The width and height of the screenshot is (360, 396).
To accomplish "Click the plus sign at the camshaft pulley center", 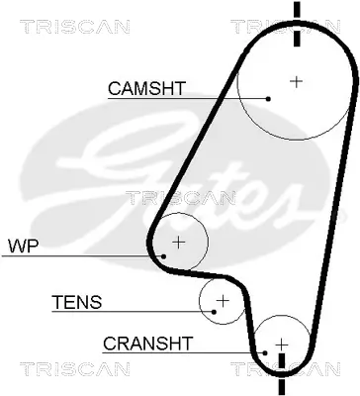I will coord(295,81).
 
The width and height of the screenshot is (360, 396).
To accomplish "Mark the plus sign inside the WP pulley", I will coord(178,241).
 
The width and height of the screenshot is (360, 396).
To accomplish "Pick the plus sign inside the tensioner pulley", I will coord(223,300).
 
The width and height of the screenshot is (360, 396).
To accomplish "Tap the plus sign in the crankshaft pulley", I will coord(282,343).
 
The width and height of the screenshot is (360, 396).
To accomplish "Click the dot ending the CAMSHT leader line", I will coord(268,98).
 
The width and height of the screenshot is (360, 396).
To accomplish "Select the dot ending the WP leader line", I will coord(165,255).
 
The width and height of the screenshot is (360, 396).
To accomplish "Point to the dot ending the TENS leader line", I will coord(213,312).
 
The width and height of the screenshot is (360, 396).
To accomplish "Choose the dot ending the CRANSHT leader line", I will coord(265,351).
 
